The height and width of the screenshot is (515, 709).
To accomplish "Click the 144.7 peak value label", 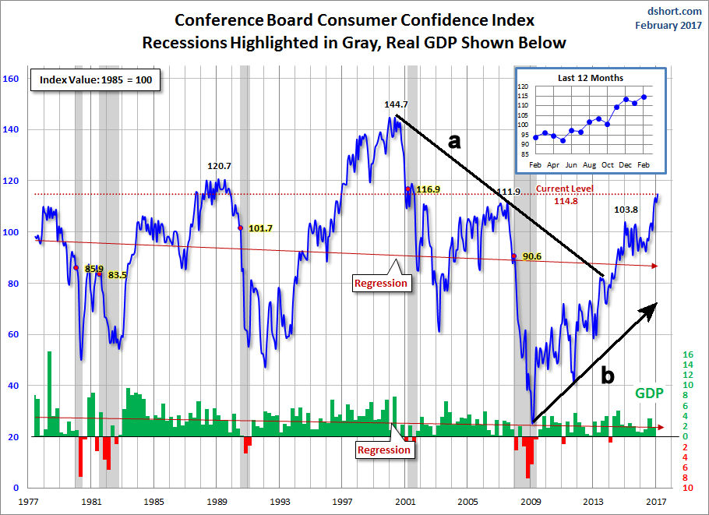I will pos(397,104).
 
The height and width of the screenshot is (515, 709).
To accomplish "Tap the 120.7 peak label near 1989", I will pos(220,166).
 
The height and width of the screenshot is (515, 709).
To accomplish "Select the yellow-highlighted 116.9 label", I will pos(429,189).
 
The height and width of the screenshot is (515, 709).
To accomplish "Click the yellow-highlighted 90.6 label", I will pos(532,256).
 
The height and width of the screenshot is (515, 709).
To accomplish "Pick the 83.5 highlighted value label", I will pos(118,275).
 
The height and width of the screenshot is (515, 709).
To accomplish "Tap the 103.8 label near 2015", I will pos(627,210).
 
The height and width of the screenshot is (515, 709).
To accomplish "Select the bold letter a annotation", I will pos(454,140).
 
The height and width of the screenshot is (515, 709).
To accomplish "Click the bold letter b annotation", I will pos(606,376).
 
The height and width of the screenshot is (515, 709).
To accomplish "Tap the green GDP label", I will pos(648,393).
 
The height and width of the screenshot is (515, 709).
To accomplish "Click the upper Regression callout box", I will pos(381,283).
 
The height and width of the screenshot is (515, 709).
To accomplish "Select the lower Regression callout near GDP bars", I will pos(383,450).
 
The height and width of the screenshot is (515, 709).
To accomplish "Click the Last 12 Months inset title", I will pos(590,78).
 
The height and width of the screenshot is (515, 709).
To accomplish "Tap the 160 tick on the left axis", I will pos(11,79).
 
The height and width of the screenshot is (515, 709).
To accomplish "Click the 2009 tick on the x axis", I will pos(531,502).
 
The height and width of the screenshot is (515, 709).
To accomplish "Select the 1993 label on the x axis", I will pos(281,502).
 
